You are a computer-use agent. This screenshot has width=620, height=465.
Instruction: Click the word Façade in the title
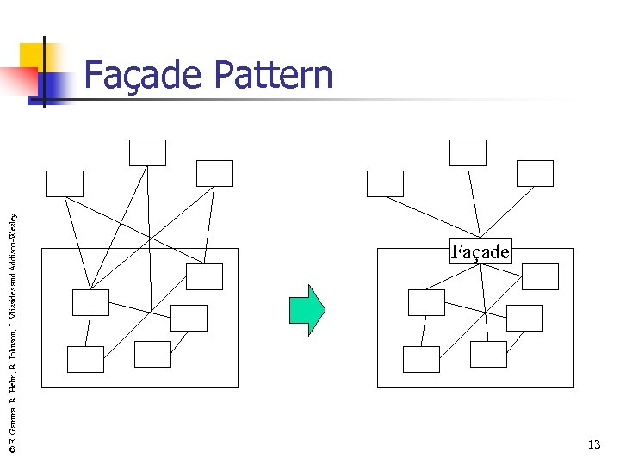coord(143,75)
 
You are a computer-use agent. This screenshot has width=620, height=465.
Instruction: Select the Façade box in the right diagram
coord(480,251)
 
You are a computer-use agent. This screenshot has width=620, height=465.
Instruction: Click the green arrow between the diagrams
coord(307,309)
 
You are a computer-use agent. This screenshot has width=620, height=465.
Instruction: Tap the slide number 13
coord(593,444)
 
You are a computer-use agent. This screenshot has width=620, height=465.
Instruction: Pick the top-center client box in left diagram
coord(147,152)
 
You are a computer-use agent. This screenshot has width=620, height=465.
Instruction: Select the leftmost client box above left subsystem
coord(65,183)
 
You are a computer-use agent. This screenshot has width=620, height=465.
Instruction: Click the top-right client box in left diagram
coord(214,173)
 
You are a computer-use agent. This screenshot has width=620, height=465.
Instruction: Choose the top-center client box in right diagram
coord(468,152)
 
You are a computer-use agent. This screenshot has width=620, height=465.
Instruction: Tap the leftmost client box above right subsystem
coord(385,183)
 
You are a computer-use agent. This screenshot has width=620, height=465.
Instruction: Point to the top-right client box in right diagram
coord(535,173)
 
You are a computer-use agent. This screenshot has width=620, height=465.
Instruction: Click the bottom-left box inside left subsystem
coord(85,359)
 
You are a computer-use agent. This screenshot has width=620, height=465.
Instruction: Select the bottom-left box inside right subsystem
coord(421,359)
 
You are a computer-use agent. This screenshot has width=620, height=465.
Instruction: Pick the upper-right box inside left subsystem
coord(204,276)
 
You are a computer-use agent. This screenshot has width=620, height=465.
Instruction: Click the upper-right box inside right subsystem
coord(540,276)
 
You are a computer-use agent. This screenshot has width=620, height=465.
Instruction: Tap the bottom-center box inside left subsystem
coord(152,354)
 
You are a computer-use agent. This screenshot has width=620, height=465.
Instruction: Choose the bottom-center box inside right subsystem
coord(488,354)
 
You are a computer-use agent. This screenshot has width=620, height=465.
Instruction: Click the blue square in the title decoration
coord(52,86)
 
